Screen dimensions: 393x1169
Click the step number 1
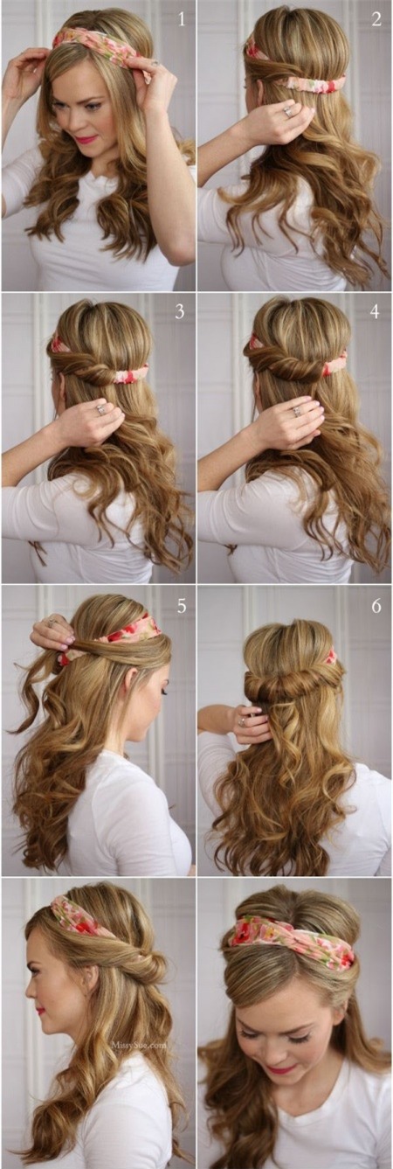point(182,20)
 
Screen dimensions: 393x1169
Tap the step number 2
point(376,20)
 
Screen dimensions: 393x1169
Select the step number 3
point(179,311)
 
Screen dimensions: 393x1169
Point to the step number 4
point(375,311)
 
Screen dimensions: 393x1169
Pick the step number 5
point(182,605)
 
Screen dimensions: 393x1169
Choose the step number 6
point(376,606)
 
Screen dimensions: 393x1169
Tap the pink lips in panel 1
point(86,139)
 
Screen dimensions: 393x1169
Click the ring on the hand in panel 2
point(288,111)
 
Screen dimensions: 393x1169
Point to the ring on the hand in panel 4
point(296,412)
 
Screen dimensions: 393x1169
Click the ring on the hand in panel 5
point(52,622)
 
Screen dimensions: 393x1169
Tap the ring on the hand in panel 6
point(241,722)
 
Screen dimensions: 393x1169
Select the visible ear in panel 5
point(131,678)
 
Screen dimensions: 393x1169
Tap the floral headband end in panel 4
point(334,365)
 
